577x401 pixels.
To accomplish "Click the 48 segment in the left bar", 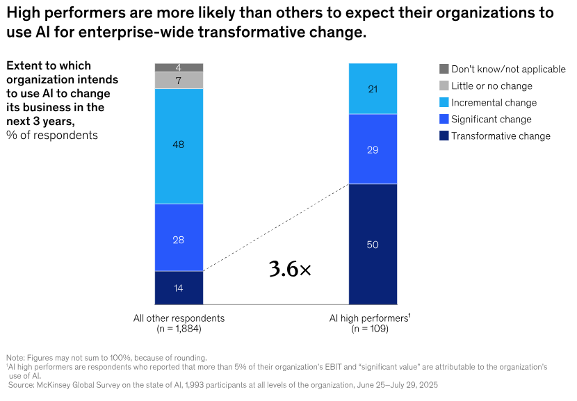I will tap(179, 145).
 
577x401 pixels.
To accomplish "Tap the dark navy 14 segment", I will tap(179, 288).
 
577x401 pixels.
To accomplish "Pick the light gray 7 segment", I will tap(179, 81).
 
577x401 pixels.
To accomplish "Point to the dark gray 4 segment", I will tap(179, 67).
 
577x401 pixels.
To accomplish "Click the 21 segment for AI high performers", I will tap(373, 88).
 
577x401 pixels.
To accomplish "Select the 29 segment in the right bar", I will tap(373, 149).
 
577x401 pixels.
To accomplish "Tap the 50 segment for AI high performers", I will tap(373, 244).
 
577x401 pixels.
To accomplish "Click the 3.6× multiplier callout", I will tap(290, 270).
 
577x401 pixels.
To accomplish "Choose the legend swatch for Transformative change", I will tap(444, 136).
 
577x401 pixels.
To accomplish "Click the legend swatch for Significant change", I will tap(444, 120).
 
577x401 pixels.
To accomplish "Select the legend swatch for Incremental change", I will tap(444, 103).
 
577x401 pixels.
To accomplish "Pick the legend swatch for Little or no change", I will tap(444, 86).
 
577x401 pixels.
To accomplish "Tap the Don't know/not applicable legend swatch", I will tap(444, 69).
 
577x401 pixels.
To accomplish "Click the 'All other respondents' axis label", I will tap(179, 318).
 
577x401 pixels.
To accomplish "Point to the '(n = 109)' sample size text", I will tap(370, 329).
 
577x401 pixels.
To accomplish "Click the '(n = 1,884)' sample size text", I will tap(179, 329).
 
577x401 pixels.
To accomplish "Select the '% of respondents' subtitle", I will tap(52, 135).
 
